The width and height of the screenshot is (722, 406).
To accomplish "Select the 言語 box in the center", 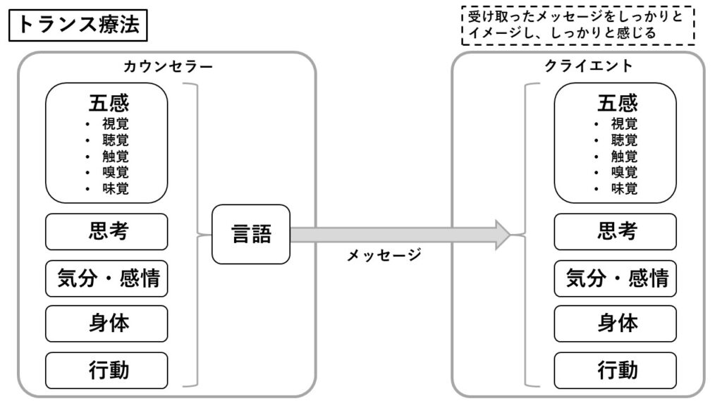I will click(x=252, y=234).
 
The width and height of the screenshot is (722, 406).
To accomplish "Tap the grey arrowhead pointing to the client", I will click(x=502, y=234).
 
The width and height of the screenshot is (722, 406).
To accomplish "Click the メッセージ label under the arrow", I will click(x=384, y=255).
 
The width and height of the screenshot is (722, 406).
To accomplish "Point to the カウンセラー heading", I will click(x=168, y=66).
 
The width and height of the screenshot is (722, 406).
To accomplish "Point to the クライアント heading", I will click(x=588, y=66).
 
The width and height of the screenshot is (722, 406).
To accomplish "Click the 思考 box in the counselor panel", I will click(x=107, y=231).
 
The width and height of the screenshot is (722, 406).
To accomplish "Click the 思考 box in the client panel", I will click(x=616, y=231).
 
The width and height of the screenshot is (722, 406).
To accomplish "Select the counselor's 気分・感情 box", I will click(x=107, y=278).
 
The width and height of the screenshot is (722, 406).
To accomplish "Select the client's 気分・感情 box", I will click(x=616, y=278).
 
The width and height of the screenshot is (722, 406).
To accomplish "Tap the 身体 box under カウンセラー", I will click(x=107, y=324).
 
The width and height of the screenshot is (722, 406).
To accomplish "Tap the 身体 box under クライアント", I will click(x=616, y=324).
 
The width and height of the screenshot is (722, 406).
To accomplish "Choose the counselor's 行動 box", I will click(x=107, y=369).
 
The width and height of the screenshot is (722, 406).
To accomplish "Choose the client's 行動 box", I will click(x=616, y=369).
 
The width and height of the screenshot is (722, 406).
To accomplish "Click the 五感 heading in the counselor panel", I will click(x=109, y=104).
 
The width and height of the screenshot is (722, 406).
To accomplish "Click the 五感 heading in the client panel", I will click(x=617, y=104).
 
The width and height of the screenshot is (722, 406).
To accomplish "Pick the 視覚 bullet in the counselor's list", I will click(x=115, y=123).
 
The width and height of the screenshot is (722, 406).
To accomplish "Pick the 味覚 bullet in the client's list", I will click(x=624, y=188).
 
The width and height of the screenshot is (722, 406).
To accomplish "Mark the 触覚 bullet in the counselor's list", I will click(x=115, y=156).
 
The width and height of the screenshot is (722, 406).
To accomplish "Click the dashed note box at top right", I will click(x=577, y=25).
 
